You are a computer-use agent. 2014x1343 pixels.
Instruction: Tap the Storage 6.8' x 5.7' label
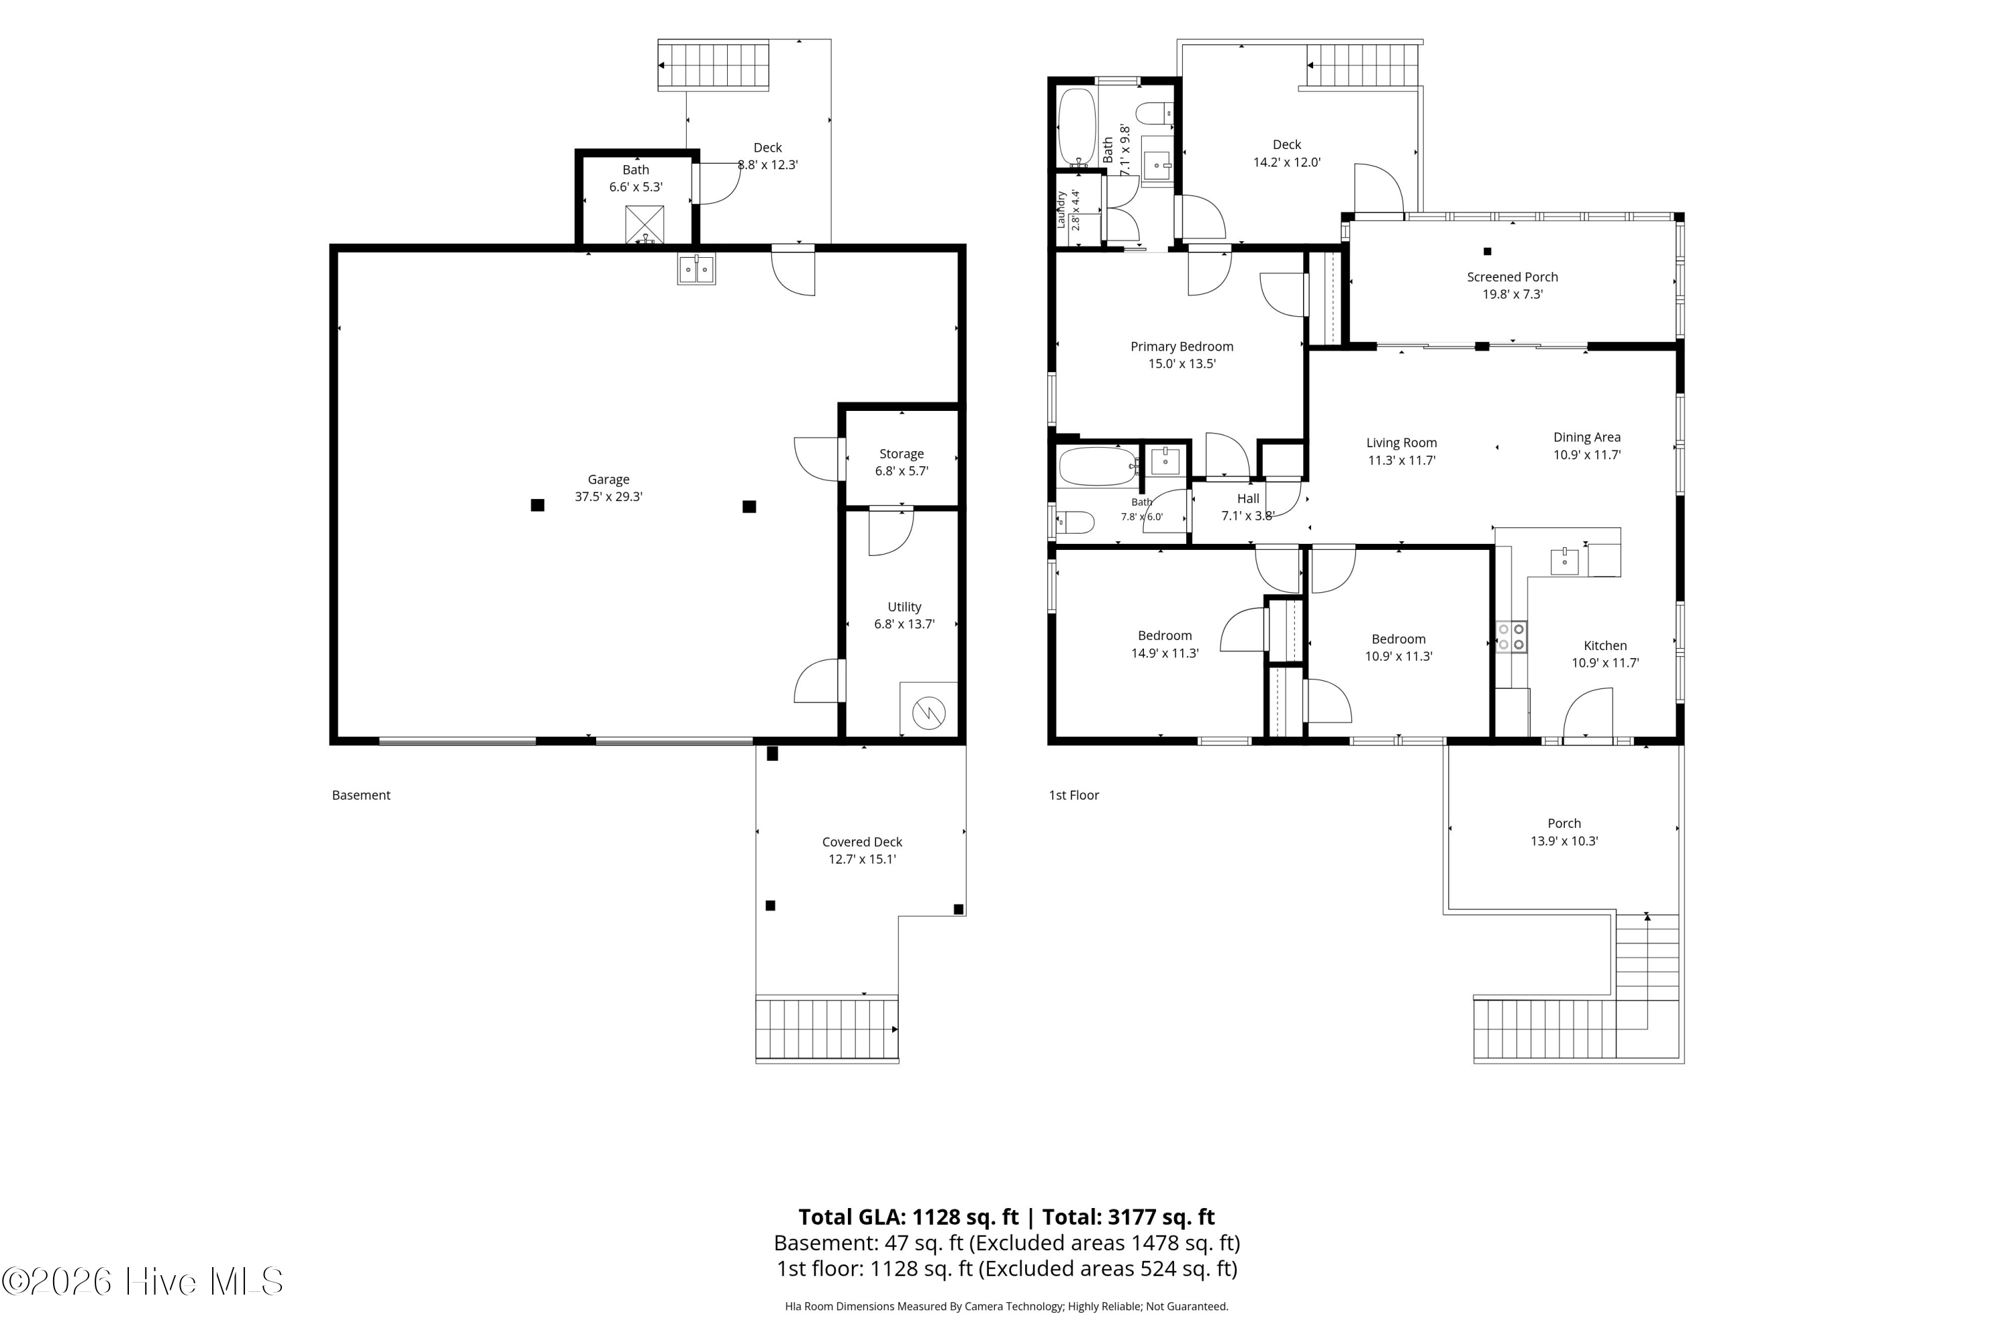point(902,463)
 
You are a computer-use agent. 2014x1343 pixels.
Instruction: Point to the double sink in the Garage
point(696,269)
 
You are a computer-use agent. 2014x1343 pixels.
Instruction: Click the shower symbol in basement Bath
point(644,225)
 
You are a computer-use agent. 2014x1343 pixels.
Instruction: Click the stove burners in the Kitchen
point(1511,637)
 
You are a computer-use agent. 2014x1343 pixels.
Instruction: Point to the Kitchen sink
point(1564,561)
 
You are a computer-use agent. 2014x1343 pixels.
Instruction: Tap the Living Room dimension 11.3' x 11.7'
point(1402,460)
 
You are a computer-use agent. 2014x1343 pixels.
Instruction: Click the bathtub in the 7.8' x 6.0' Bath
point(1098,467)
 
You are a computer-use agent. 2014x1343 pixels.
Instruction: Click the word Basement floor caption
point(361,795)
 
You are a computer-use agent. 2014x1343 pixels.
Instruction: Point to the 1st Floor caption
point(1073,795)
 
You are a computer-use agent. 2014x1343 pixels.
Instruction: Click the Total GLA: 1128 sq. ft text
point(908,1217)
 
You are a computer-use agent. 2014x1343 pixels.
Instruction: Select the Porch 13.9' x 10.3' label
point(1564,832)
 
